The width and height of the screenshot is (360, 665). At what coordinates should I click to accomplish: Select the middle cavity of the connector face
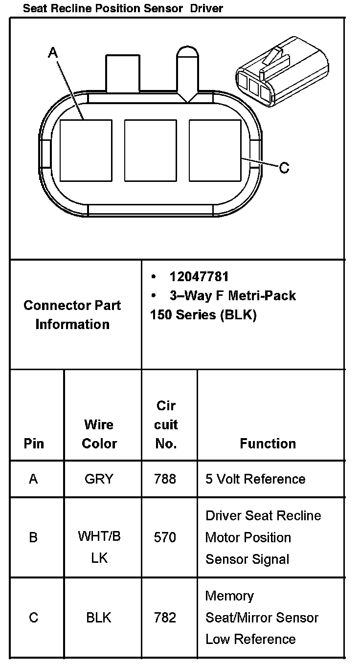[150, 150]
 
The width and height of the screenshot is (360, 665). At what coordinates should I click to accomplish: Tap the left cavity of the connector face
[86, 150]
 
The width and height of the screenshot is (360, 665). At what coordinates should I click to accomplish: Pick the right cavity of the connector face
[215, 150]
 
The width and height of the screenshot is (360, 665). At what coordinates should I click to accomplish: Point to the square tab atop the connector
[122, 73]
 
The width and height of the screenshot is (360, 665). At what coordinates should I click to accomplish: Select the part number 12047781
[199, 277]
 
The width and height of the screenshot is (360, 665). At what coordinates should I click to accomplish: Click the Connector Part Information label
[72, 315]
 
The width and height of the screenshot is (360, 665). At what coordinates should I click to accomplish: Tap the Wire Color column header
[99, 434]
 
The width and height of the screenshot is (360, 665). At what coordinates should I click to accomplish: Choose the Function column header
[268, 443]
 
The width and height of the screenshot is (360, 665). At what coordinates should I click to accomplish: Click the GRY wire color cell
[99, 479]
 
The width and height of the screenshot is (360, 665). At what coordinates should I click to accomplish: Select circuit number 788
[165, 479]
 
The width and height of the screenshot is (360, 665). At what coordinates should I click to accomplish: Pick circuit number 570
[165, 537]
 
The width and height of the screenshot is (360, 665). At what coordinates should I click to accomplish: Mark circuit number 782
[165, 618]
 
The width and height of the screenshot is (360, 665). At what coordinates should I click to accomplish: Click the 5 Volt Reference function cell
[255, 479]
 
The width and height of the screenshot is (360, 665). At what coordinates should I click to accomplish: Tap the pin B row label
[33, 537]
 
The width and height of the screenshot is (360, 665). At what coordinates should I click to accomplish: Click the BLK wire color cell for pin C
[99, 618]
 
